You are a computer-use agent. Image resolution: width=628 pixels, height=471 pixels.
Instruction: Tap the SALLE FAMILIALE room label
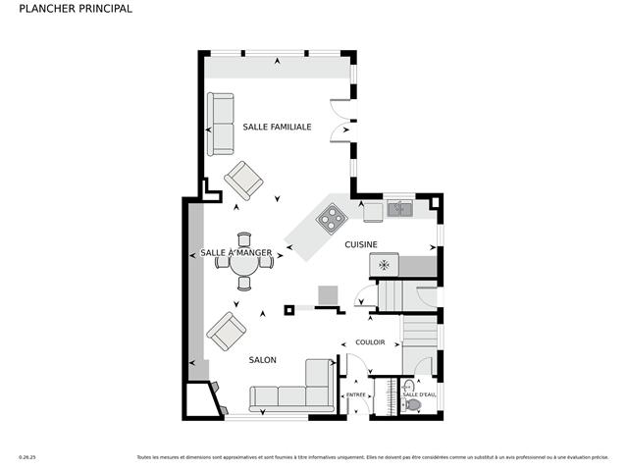(278, 127)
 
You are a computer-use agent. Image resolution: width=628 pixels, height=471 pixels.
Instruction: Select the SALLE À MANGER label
(235, 253)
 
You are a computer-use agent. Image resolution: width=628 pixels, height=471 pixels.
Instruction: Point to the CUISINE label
(361, 244)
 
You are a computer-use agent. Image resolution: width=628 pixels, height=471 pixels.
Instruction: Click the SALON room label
(262, 360)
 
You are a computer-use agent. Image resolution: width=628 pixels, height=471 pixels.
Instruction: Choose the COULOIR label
(370, 342)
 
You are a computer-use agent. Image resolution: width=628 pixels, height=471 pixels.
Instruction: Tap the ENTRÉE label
(355, 394)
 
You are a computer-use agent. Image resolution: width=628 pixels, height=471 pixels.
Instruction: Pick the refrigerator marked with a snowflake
(385, 265)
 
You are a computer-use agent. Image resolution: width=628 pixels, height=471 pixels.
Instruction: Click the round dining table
(243, 261)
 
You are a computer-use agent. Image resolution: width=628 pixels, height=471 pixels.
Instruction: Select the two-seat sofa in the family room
(221, 124)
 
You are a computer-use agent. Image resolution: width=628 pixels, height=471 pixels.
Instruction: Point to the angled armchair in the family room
(242, 181)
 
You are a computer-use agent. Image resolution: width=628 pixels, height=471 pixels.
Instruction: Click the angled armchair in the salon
(227, 332)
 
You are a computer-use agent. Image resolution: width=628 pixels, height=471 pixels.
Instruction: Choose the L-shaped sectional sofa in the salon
(294, 391)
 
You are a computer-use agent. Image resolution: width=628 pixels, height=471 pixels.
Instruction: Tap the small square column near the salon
(289, 310)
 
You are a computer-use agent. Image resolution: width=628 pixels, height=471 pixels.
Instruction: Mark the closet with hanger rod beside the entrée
(384, 396)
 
